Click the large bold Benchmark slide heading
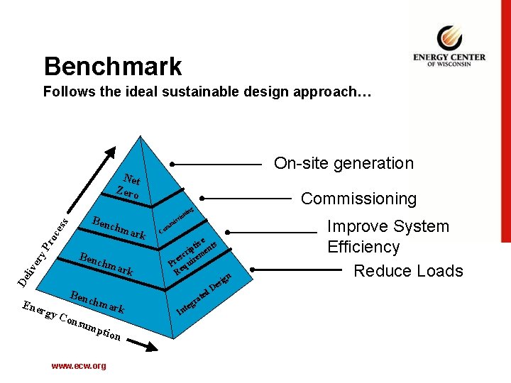[x=113, y=67]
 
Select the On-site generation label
[x=344, y=163]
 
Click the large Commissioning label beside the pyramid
[x=358, y=199]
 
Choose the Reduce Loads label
[x=408, y=271]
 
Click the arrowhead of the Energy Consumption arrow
[x=150, y=347]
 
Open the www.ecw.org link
[x=78, y=366]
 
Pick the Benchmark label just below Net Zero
[x=119, y=225]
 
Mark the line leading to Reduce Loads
[x=297, y=270]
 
